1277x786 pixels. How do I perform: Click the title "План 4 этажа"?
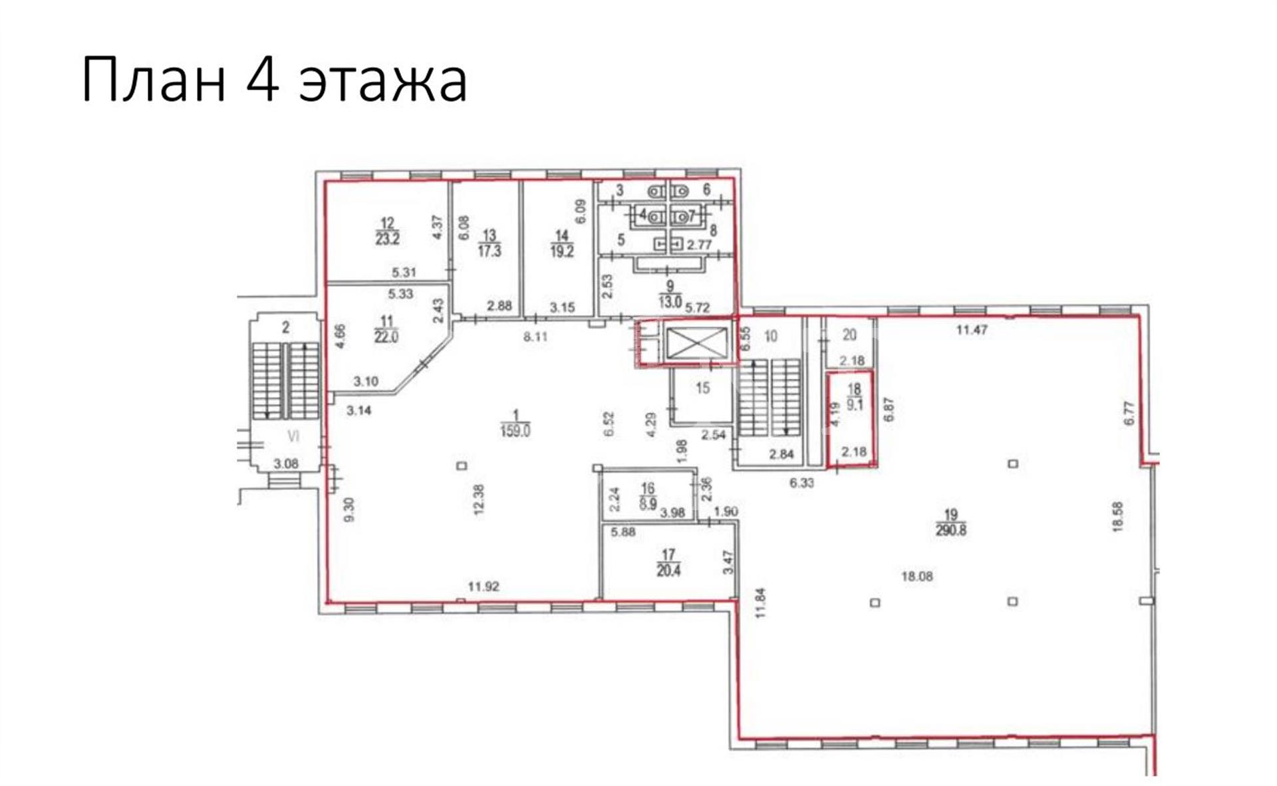tap(275, 80)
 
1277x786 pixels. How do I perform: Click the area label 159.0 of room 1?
tap(515, 431)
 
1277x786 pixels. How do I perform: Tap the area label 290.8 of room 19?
tap(950, 531)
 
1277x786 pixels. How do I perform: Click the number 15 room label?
tap(703, 388)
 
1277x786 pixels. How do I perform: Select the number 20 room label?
tap(849, 335)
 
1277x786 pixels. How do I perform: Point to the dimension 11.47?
tap(972, 329)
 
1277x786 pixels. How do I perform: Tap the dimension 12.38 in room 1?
tap(480, 499)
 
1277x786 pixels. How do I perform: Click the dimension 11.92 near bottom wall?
tap(484, 587)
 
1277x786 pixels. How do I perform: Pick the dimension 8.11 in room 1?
tap(535, 336)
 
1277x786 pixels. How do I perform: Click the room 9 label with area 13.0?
tap(670, 294)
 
